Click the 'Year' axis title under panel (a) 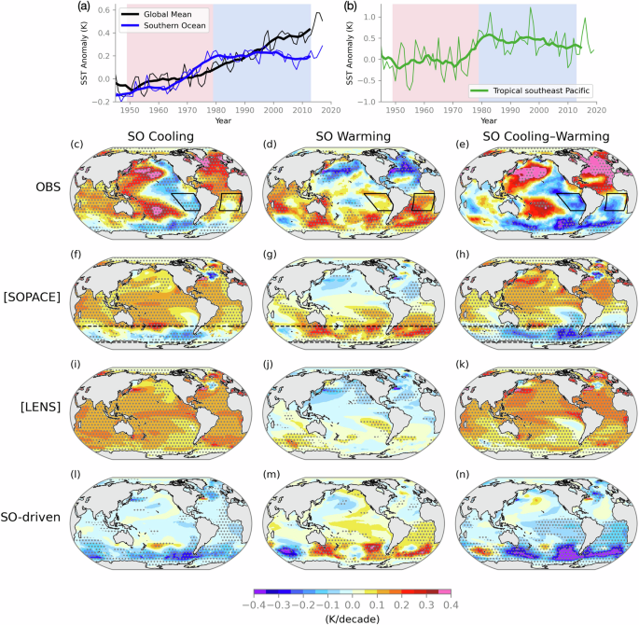[x=217, y=120]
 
